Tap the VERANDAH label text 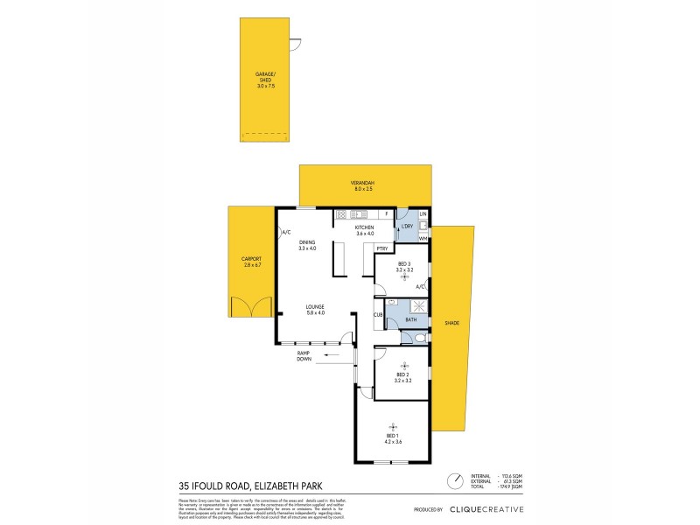pyautogui.click(x=363, y=184)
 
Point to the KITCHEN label pyautogui.click(x=364, y=230)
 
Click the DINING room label pyautogui.click(x=307, y=246)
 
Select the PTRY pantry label pyautogui.click(x=382, y=248)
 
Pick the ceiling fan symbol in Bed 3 pyautogui.click(x=403, y=277)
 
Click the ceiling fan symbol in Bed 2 pyautogui.click(x=403, y=366)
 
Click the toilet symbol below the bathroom pyautogui.click(x=419, y=337)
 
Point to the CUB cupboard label pyautogui.click(x=379, y=314)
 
